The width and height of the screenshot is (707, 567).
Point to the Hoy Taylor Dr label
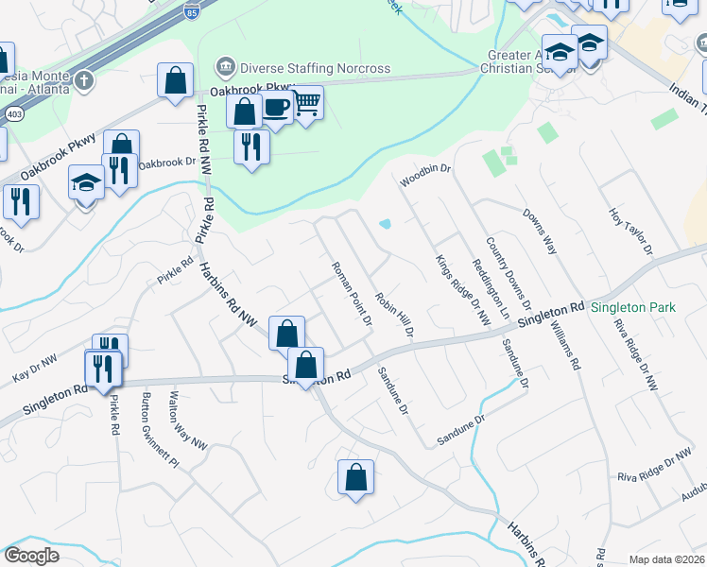[x=631, y=232]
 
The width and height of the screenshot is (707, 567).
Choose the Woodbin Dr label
[x=427, y=174]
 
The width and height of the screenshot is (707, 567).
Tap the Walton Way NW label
[x=188, y=420]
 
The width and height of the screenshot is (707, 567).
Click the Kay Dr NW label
[x=34, y=368]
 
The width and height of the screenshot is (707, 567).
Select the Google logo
[x=31, y=556]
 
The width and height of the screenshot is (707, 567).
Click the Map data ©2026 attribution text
[x=665, y=559]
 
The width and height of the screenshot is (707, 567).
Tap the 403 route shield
[x=14, y=113]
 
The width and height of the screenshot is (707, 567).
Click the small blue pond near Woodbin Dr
[x=386, y=225]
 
